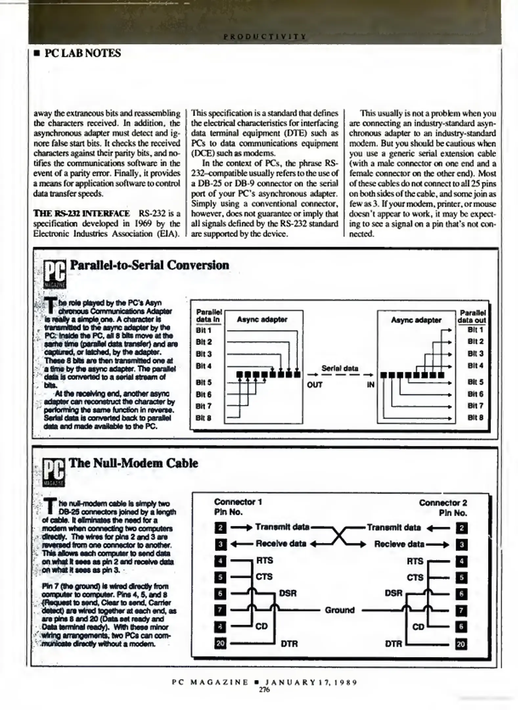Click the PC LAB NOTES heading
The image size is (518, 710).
[x=82, y=53]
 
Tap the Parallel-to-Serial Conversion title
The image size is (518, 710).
[x=149, y=265]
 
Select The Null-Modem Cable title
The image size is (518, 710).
[x=133, y=463]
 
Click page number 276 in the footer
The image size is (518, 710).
[x=264, y=690]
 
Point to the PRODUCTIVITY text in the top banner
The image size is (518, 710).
[x=265, y=36]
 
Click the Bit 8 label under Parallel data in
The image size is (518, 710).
[x=203, y=418]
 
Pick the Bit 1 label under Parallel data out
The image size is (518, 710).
[x=475, y=330]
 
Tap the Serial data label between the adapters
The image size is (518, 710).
[x=340, y=368]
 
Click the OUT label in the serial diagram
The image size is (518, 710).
[x=314, y=385]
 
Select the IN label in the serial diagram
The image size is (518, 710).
[x=371, y=385]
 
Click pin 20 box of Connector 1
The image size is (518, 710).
[x=220, y=643]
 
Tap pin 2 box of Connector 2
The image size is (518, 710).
[x=462, y=528]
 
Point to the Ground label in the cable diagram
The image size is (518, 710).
[x=340, y=610]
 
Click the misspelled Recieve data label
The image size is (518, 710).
[x=399, y=544]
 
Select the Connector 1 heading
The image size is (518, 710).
[x=238, y=502]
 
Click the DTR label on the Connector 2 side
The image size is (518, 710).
[x=393, y=644]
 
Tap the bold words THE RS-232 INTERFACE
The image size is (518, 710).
[x=81, y=214]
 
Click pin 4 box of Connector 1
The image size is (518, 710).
[x=220, y=561]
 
